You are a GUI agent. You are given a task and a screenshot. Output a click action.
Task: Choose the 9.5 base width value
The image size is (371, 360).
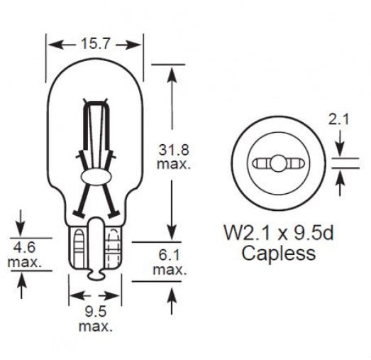(x=95, y=312)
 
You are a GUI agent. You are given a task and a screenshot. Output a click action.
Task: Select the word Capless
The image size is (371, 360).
(x=279, y=253)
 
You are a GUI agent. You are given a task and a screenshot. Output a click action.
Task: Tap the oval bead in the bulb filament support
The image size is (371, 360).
(x=94, y=175)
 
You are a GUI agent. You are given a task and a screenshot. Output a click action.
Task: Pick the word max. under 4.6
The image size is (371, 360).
(x=25, y=263)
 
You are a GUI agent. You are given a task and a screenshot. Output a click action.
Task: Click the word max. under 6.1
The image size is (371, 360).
(x=170, y=270)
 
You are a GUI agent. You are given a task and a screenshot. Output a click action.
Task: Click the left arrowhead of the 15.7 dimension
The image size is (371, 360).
(x=51, y=45)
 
